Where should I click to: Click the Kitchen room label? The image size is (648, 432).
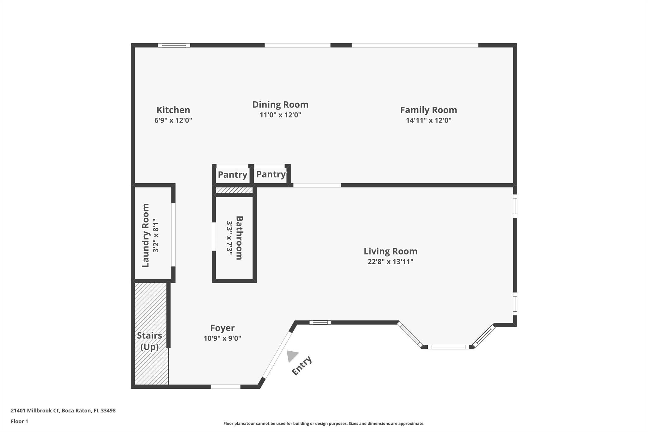(173, 110)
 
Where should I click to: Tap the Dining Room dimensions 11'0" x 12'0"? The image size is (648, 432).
(280, 115)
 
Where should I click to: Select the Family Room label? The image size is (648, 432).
(428, 110)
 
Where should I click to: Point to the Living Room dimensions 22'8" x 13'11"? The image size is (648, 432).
(390, 262)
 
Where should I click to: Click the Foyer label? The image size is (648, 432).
(222, 328)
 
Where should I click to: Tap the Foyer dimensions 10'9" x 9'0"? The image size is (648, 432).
(222, 338)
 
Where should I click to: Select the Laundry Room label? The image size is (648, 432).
(146, 235)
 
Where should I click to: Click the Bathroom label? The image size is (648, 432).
(239, 238)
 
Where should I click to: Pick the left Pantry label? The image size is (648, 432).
(233, 175)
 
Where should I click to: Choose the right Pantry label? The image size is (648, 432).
(271, 174)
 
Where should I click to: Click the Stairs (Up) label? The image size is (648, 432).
(150, 341)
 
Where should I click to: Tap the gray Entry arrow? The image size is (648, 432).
(292, 356)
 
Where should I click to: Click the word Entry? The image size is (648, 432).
(302, 366)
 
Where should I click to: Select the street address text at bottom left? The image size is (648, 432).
(63, 410)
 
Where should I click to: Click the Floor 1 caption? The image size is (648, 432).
(20, 421)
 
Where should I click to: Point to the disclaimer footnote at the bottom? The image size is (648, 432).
(324, 423)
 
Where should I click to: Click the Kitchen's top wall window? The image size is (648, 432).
(174, 45)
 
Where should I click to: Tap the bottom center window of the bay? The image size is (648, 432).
(448, 347)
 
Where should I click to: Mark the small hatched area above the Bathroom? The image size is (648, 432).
(234, 190)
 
